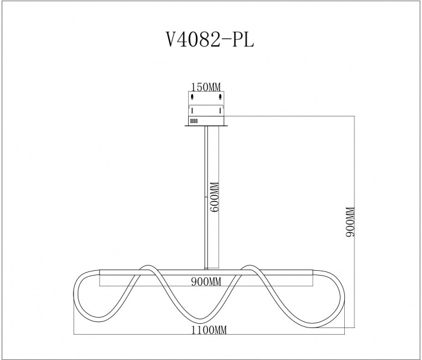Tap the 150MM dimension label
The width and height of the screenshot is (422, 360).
coord(206,87)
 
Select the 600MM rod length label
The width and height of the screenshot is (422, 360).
coord(215,197)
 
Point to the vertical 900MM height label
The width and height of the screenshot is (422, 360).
coord(350,222)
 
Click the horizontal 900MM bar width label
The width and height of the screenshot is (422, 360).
coord(206,282)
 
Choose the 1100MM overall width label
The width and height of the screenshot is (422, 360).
coord(209,330)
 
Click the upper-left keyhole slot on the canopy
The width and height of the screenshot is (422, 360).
coord(192,96)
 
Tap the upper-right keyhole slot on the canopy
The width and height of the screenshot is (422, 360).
coord(220,96)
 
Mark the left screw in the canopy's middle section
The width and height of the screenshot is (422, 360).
coord(192,110)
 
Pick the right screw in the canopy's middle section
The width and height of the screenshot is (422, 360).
coord(220,110)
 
